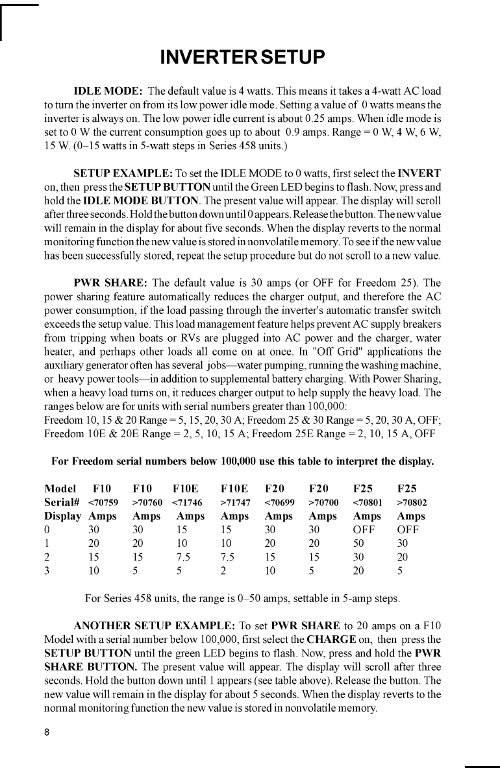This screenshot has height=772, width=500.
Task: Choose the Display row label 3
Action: tap(47, 571)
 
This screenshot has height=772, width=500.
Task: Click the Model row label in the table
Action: tap(60, 488)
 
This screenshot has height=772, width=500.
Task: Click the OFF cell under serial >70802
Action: tap(408, 529)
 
